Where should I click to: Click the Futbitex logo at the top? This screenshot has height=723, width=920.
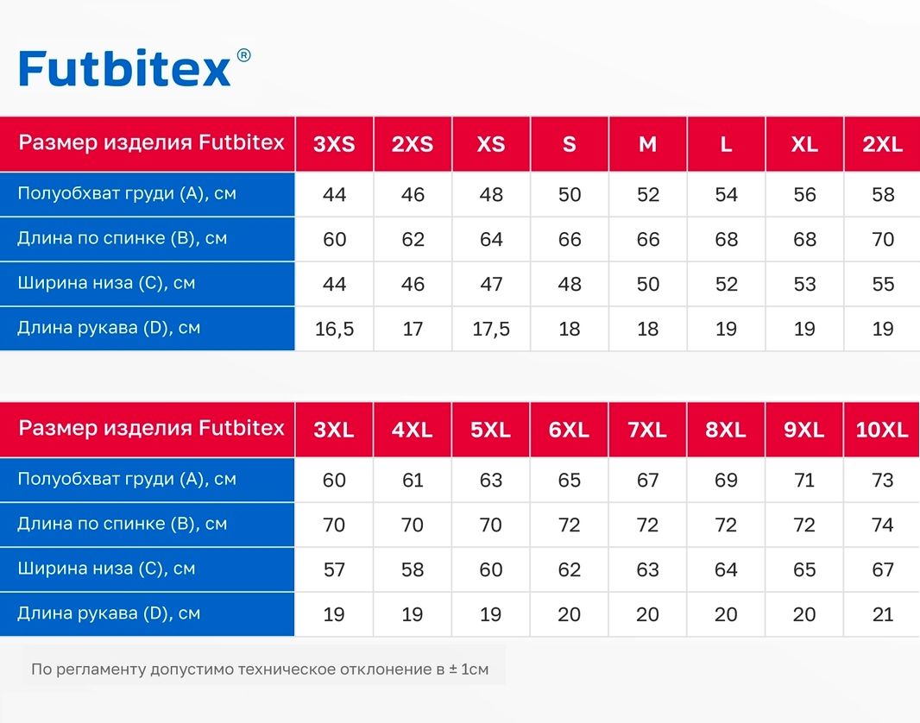[x=124, y=69]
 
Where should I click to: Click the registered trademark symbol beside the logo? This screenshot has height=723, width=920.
[x=243, y=55]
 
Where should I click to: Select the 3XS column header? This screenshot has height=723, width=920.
[x=334, y=144]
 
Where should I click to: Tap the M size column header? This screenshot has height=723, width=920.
[x=648, y=144]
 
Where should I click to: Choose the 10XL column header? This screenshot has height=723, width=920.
[x=882, y=430]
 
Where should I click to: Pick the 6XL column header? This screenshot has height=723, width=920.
[x=569, y=430]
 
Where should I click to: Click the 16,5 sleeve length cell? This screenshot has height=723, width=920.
[x=335, y=329]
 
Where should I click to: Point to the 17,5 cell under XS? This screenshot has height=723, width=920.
[x=491, y=329]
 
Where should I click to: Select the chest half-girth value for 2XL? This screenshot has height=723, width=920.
[x=883, y=195]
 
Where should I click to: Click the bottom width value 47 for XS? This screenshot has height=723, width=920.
[x=491, y=285]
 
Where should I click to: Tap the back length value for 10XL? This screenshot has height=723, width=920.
[x=883, y=525]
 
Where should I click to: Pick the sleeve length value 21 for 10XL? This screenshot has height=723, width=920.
[x=883, y=614]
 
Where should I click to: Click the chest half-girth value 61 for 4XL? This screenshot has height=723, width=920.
[x=413, y=481]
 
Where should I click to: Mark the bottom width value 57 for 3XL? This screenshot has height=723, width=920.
[x=334, y=569]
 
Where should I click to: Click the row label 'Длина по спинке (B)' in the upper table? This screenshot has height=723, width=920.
[x=122, y=238]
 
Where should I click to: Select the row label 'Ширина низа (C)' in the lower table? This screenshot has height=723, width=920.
[x=106, y=569]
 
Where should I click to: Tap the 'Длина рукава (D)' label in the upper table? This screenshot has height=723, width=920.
[x=109, y=327]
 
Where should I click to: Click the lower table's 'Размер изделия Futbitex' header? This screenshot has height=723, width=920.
[x=151, y=428]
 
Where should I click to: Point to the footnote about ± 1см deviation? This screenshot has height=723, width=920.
[x=260, y=669]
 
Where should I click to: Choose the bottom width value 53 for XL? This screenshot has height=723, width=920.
[x=804, y=285]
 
